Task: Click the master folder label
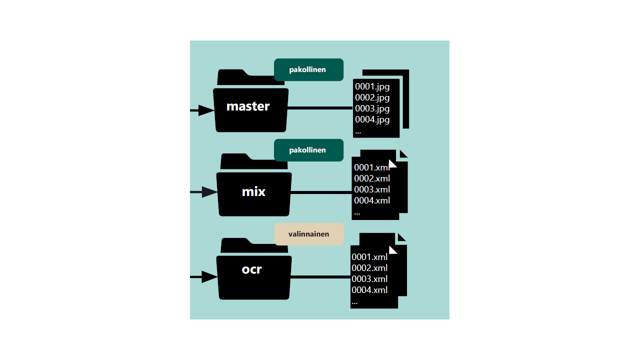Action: click(x=248, y=106)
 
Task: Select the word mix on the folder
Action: click(x=253, y=191)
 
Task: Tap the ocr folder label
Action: click(x=251, y=269)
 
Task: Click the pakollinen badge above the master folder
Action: click(x=308, y=69)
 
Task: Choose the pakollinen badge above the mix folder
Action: click(x=308, y=150)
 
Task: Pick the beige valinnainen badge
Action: click(x=308, y=234)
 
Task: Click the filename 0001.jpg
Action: click(x=372, y=86)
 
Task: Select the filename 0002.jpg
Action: click(x=372, y=97)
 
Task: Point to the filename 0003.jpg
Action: click(x=372, y=108)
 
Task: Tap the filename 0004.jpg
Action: click(x=372, y=119)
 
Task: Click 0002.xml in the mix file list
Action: click(x=372, y=178)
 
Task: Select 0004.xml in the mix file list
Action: click(x=372, y=200)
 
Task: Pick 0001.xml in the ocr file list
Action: click(x=369, y=257)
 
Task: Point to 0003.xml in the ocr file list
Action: click(x=369, y=279)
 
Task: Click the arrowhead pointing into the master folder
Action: click(x=205, y=110)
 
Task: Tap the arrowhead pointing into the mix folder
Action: click(x=209, y=191)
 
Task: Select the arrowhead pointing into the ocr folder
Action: click(x=209, y=277)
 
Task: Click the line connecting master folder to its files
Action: click(x=320, y=108)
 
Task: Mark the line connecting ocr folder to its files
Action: click(x=320, y=277)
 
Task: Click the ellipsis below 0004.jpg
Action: click(x=358, y=132)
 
